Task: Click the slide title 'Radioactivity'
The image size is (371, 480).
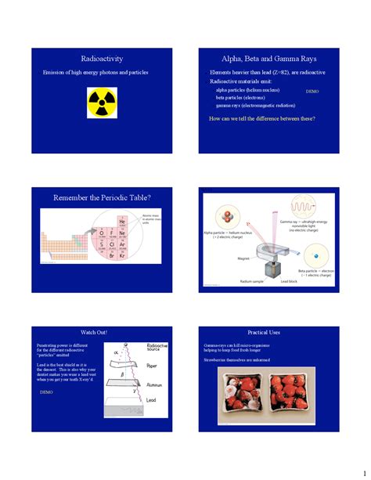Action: pos(102,59)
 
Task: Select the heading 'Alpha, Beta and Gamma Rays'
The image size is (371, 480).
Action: pos(268,59)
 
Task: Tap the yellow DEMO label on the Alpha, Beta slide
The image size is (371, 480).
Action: pos(312,92)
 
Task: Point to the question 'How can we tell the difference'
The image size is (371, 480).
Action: pos(262,118)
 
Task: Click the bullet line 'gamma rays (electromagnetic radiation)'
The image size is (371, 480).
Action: pos(255,105)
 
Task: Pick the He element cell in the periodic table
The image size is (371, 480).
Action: pos(122,222)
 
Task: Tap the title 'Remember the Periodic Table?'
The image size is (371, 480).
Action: pos(102,197)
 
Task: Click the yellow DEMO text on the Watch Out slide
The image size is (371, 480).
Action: pos(46,392)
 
